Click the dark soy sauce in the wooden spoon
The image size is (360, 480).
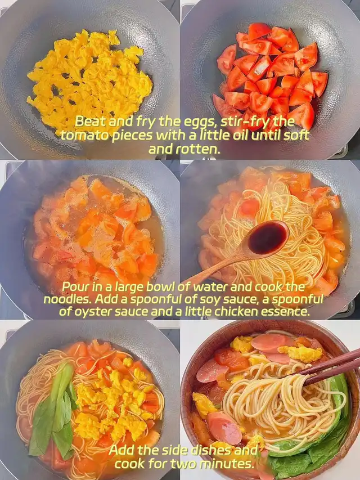click(268, 237)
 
